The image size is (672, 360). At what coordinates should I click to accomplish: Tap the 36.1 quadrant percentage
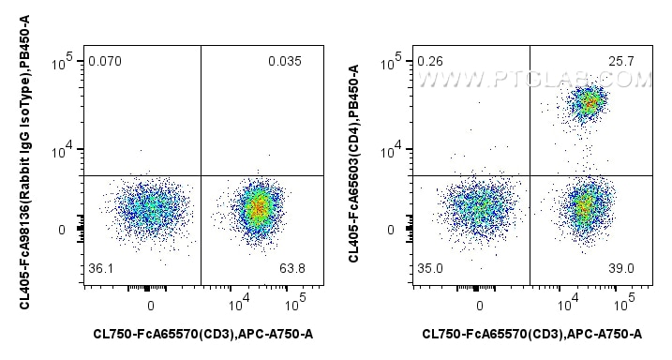tap(100, 270)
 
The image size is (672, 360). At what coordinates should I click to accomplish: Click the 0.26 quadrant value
tap(431, 63)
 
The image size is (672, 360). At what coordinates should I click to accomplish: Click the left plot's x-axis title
tap(202, 334)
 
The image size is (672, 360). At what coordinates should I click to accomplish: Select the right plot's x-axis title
tap(532, 334)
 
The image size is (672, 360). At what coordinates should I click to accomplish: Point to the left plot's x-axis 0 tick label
tap(150, 305)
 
